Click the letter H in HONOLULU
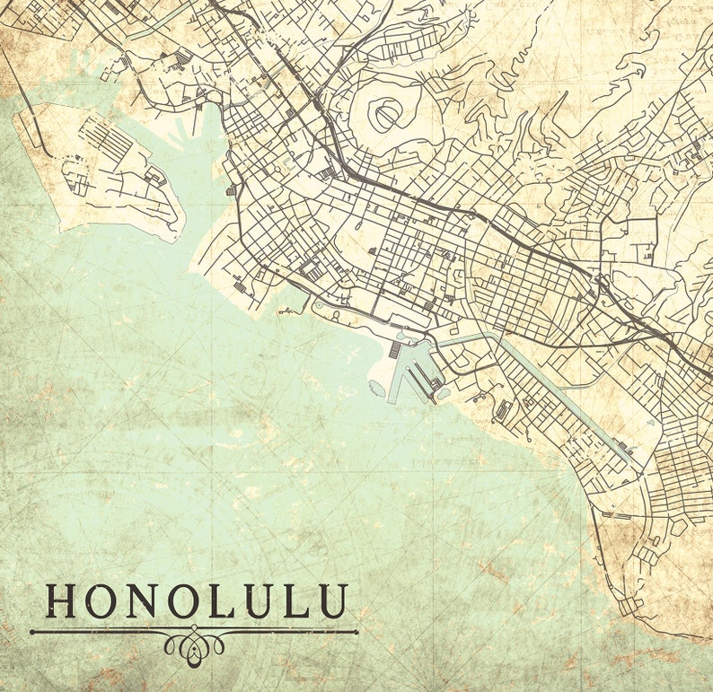pos(63,601)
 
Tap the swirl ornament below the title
pos(194,645)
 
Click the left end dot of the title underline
pos(32,632)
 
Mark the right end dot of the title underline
pos(356,632)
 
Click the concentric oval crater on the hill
pos(387,116)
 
